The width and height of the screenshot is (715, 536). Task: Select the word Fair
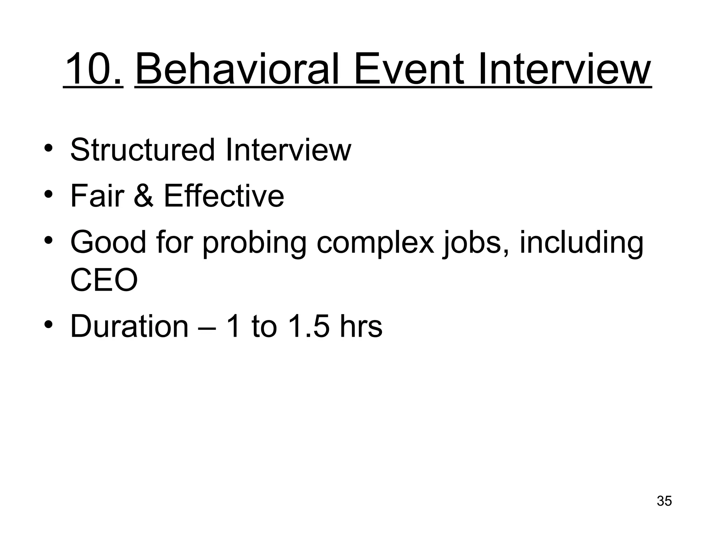(x=97, y=196)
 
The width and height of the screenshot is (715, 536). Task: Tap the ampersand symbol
(x=143, y=196)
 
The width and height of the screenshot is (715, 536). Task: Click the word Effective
(x=224, y=196)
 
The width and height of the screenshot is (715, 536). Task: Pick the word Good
(x=108, y=243)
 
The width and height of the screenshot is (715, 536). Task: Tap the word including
(x=581, y=243)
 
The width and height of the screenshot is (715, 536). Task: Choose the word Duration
(x=130, y=326)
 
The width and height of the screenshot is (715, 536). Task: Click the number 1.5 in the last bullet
(x=309, y=326)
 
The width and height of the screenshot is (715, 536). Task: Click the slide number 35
(x=664, y=501)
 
